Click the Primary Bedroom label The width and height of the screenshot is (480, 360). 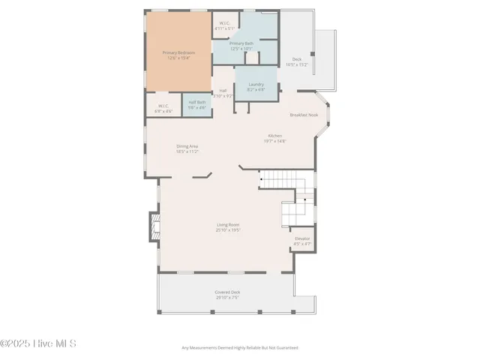coord(178,52)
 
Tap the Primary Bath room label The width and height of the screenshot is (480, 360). coord(241,43)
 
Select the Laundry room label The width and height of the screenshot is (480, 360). coord(256,84)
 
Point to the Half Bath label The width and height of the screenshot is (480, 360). coord(197,102)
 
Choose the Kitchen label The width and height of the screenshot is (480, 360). coord(275,136)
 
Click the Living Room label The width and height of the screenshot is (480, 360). coord(228,224)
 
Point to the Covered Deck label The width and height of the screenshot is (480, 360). coord(226,292)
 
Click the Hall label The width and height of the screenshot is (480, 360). coord(223,91)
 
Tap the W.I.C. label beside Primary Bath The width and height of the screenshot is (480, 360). coord(223,23)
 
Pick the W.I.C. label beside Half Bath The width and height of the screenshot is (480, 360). coord(163,106)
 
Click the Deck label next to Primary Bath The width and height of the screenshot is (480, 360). coord(297,59)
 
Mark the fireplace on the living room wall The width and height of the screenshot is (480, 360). coord(155,229)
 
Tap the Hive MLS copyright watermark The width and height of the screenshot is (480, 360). coord(38,344)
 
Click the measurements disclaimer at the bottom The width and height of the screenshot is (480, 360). coord(240,348)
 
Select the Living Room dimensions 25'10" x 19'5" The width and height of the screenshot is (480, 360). coord(228,229)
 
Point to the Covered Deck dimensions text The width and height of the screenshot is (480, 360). coord(226,297)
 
